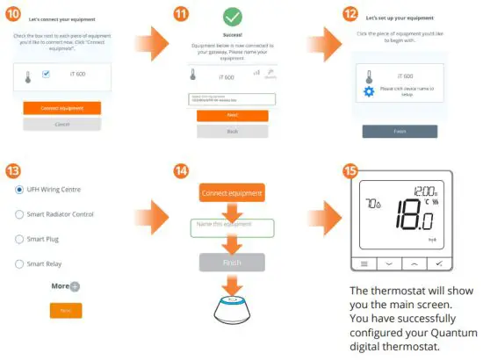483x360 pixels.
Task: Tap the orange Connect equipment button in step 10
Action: (x=61, y=108)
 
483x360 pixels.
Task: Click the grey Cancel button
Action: (x=61, y=125)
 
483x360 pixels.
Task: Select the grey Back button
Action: (x=232, y=131)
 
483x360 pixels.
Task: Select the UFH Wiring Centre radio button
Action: (x=19, y=190)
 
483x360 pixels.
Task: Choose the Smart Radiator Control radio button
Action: (x=19, y=214)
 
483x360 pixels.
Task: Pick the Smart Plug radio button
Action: (x=19, y=239)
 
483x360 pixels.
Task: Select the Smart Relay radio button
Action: (x=19, y=263)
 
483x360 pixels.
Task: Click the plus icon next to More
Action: (x=75, y=286)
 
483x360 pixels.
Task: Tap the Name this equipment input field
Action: (x=233, y=228)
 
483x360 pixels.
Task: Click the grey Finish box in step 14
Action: (x=232, y=262)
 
